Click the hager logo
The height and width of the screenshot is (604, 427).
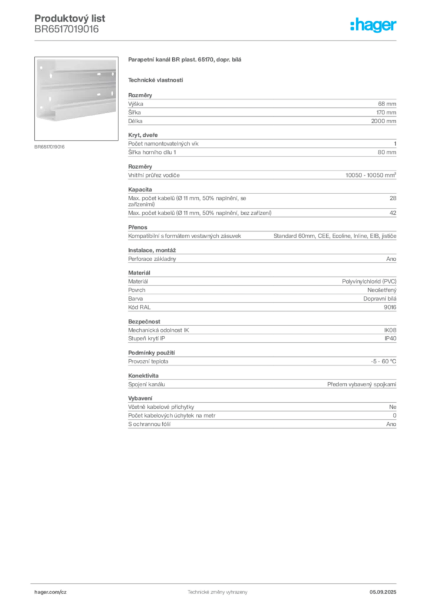coord(373,25)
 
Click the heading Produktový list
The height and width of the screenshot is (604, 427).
coord(70,18)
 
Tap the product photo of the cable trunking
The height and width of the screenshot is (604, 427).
coord(76,99)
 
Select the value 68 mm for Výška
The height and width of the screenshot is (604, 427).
coord(387,104)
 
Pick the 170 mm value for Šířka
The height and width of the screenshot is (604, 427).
coord(386,113)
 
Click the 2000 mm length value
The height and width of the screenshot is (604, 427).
coord(383,121)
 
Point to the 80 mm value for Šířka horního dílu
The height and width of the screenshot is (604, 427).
coord(387,152)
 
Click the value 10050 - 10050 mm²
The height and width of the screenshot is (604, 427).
coord(371,175)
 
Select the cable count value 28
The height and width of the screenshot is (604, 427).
coord(393,198)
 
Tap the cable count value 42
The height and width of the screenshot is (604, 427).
coord(393,212)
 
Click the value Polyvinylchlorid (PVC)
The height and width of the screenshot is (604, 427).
coord(369,281)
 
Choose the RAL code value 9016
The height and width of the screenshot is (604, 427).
coord(390,307)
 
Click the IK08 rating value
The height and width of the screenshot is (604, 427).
coord(390,330)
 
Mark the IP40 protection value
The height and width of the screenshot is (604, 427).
coord(390,338)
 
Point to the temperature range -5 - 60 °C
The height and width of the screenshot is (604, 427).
coord(383,362)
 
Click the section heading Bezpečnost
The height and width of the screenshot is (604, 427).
coord(144,321)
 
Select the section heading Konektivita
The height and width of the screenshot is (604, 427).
coord(143,376)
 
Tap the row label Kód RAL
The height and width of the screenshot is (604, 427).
coord(139,307)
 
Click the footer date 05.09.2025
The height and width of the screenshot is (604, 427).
coord(383,592)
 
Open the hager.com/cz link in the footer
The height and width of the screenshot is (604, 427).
coord(51,592)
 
